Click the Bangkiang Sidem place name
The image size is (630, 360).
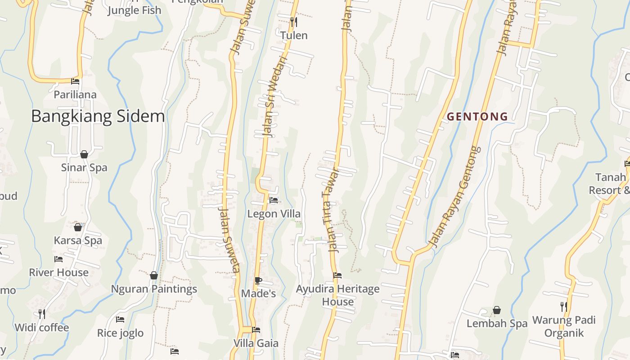point(98,117)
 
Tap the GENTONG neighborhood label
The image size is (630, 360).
point(477,117)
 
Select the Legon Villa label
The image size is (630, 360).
point(274,214)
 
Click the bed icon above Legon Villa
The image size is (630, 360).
point(274,200)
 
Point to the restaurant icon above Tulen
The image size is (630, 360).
point(294,22)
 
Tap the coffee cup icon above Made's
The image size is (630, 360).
point(258,280)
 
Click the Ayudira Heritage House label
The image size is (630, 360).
point(337,295)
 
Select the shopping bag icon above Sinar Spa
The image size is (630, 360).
point(84,154)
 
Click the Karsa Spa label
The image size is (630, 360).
point(78,240)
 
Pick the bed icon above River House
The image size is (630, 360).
point(58,259)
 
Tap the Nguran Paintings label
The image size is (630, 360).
point(154,289)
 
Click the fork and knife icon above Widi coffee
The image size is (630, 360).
point(41,314)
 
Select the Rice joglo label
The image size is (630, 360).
point(120,333)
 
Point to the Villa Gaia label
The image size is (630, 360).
point(256,343)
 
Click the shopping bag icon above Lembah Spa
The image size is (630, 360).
point(497,310)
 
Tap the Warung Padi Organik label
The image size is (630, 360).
point(564,326)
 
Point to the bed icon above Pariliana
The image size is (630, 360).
point(75,81)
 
